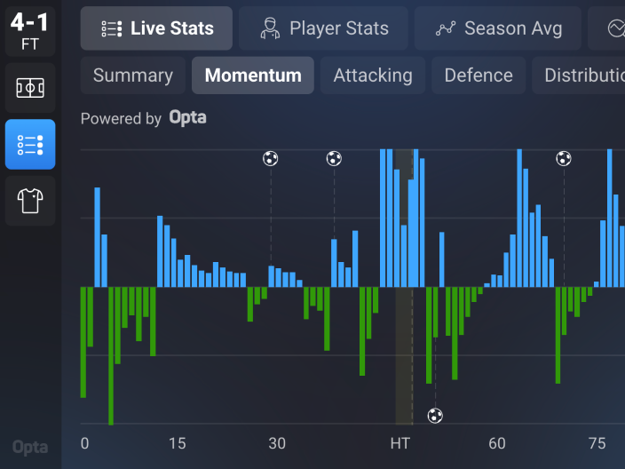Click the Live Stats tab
(156, 28)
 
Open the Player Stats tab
(323, 28)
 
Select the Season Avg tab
(497, 28)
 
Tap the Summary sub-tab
(133, 76)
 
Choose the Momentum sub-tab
(253, 76)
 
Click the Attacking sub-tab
(373, 76)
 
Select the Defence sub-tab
(479, 76)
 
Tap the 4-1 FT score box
(30, 31)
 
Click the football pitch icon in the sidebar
(30, 88)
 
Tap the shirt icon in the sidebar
(30, 201)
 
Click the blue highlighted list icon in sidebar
(30, 145)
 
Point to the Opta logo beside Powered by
(187, 118)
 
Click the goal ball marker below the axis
(435, 416)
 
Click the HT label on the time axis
(400, 443)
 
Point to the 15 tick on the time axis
(177, 443)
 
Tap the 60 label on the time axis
(497, 443)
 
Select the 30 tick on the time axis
(277, 443)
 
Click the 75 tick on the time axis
(597, 443)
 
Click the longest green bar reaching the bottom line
(111, 355)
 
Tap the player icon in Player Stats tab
(270, 28)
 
